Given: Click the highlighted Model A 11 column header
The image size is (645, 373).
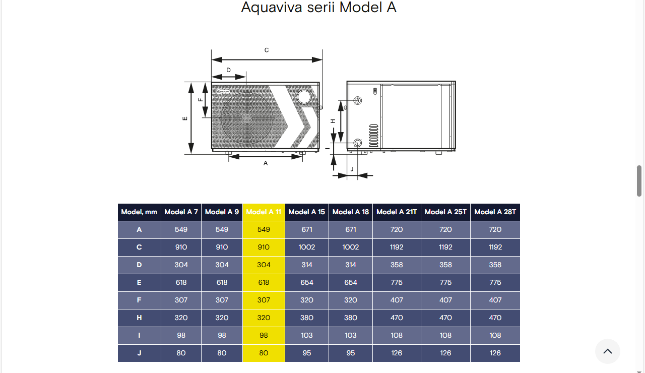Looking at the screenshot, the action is tap(264, 212).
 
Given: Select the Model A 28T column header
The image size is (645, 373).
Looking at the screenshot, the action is tap(495, 212).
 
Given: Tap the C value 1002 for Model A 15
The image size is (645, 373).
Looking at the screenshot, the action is tap(307, 247).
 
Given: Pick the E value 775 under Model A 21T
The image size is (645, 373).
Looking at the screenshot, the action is tap(397, 282).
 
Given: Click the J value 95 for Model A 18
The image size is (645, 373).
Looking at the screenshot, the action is tap(350, 353).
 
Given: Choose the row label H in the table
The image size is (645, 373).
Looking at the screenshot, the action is tap(139, 318).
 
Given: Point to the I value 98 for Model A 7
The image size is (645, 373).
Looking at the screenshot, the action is tap(181, 335).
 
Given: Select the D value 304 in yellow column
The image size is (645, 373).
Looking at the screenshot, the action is tap(264, 265).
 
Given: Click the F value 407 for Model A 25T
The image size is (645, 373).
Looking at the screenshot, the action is tap(445, 300).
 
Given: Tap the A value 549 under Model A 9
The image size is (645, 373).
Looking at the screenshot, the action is tap(222, 229).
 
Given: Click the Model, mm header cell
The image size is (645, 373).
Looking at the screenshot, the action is tap(139, 212).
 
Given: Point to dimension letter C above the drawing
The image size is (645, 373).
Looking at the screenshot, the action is tap(267, 50).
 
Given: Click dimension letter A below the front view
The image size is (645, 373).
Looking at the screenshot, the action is tap(266, 163).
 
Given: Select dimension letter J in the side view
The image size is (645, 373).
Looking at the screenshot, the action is tap(352, 169).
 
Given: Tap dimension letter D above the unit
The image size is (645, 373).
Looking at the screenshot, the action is tap(228, 70).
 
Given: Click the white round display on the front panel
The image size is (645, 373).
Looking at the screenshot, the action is tap(304, 97).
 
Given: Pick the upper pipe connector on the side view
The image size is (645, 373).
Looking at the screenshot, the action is tap(358, 100).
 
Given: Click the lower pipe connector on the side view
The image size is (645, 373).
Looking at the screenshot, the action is tap(358, 143).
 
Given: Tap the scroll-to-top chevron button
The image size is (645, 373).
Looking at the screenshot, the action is tap(608, 351).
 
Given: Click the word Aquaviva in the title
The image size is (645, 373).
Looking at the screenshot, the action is tap(272, 7).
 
